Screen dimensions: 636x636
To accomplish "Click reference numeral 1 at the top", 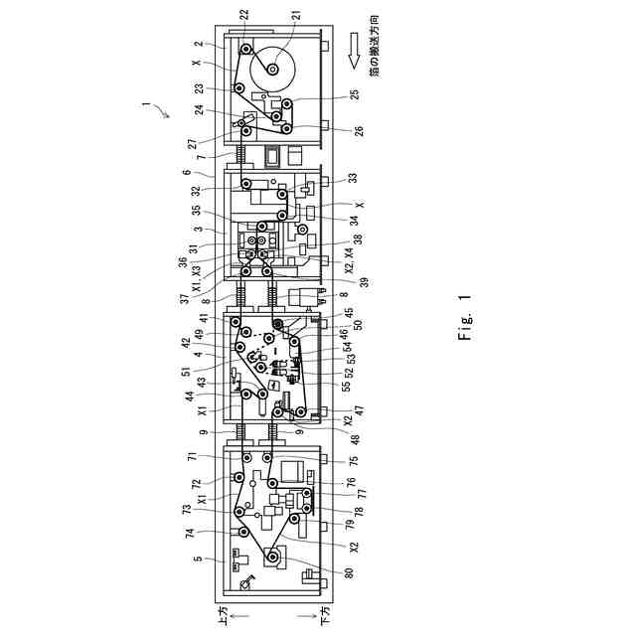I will pos(147,102).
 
